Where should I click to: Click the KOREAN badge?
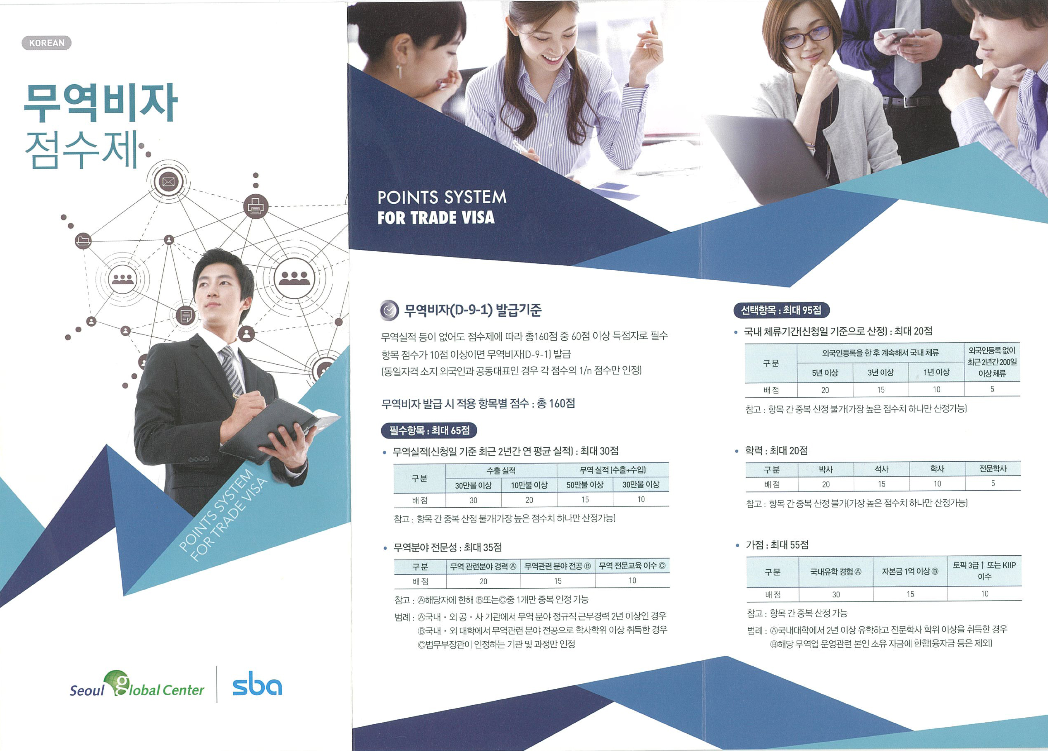tap(46, 43)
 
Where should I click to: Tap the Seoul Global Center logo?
tap(137, 685)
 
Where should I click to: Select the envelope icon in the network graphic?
tap(168, 182)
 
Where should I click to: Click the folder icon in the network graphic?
tap(83, 241)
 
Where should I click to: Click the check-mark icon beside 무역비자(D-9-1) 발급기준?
tap(389, 310)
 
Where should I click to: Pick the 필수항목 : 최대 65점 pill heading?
tap(429, 430)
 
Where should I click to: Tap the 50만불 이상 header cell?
tap(585, 484)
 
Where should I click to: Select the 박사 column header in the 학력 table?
tap(826, 469)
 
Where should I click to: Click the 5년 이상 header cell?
tap(825, 373)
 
